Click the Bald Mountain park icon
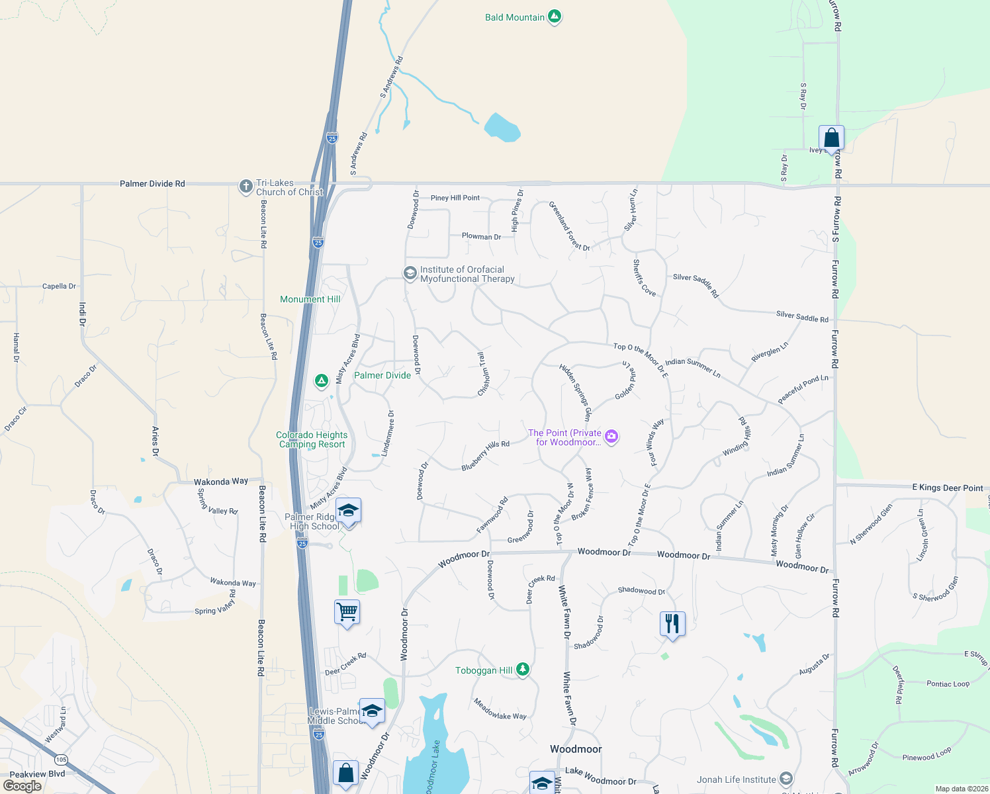pyautogui.click(x=555, y=17)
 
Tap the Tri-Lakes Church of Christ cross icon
pyautogui.click(x=246, y=187)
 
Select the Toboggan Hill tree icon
pyautogui.click(x=523, y=670)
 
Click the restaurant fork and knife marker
pyautogui.click(x=672, y=623)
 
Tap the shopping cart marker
pyautogui.click(x=347, y=611)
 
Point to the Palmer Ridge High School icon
pyautogui.click(x=348, y=511)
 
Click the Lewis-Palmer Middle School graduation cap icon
pyautogui.click(x=372, y=711)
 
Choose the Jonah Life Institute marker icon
pyautogui.click(x=786, y=779)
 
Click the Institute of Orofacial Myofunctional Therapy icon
pyautogui.click(x=410, y=273)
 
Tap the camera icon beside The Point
pyautogui.click(x=611, y=436)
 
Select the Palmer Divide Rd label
pyautogui.click(x=152, y=183)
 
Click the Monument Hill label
pyautogui.click(x=310, y=299)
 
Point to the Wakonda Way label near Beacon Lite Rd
pyautogui.click(x=221, y=482)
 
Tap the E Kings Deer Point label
pyautogui.click(x=948, y=488)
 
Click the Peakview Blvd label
pyautogui.click(x=37, y=773)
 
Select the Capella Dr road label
pyautogui.click(x=59, y=287)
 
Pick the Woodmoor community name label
pyautogui.click(x=576, y=749)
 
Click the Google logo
pyautogui.click(x=22, y=785)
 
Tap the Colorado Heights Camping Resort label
pyautogui.click(x=312, y=439)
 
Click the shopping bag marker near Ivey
pyautogui.click(x=831, y=138)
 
